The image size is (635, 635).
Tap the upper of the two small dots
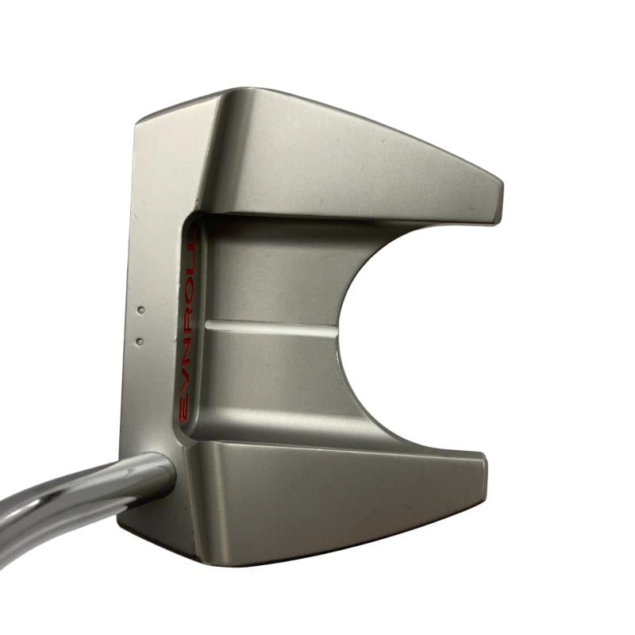(x=141, y=310)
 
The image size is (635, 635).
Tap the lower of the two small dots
(x=140, y=341)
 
